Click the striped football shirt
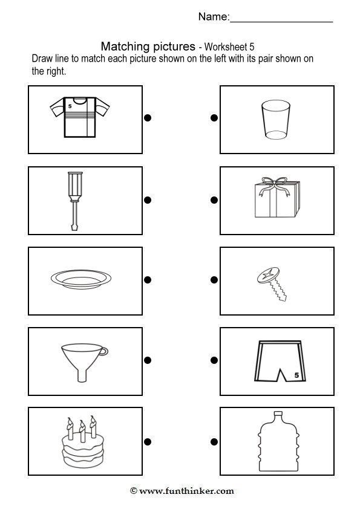tap(80, 117)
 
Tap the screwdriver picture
tap(75, 201)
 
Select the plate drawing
tap(81, 279)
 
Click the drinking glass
tap(276, 120)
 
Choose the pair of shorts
tap(280, 361)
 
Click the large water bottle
tap(278, 441)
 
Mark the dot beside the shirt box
tap(148, 118)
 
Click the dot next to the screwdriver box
tap(148, 200)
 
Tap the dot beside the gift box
tap(214, 200)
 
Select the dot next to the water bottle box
tap(214, 441)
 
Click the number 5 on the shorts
tap(296, 375)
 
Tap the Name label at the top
tap(214, 16)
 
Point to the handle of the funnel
tap(104, 351)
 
